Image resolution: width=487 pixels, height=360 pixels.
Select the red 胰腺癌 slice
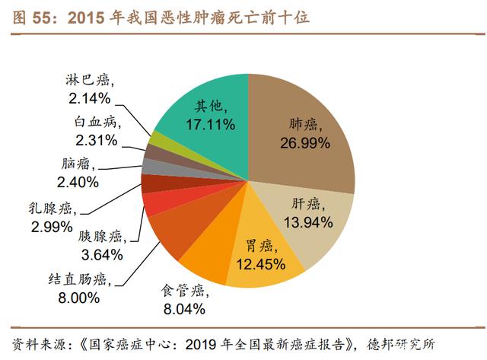(156, 203)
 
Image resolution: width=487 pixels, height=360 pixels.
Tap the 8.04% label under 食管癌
(183, 308)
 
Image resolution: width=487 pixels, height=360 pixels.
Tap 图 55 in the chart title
(31, 16)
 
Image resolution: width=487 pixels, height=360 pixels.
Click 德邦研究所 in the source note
(414, 342)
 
